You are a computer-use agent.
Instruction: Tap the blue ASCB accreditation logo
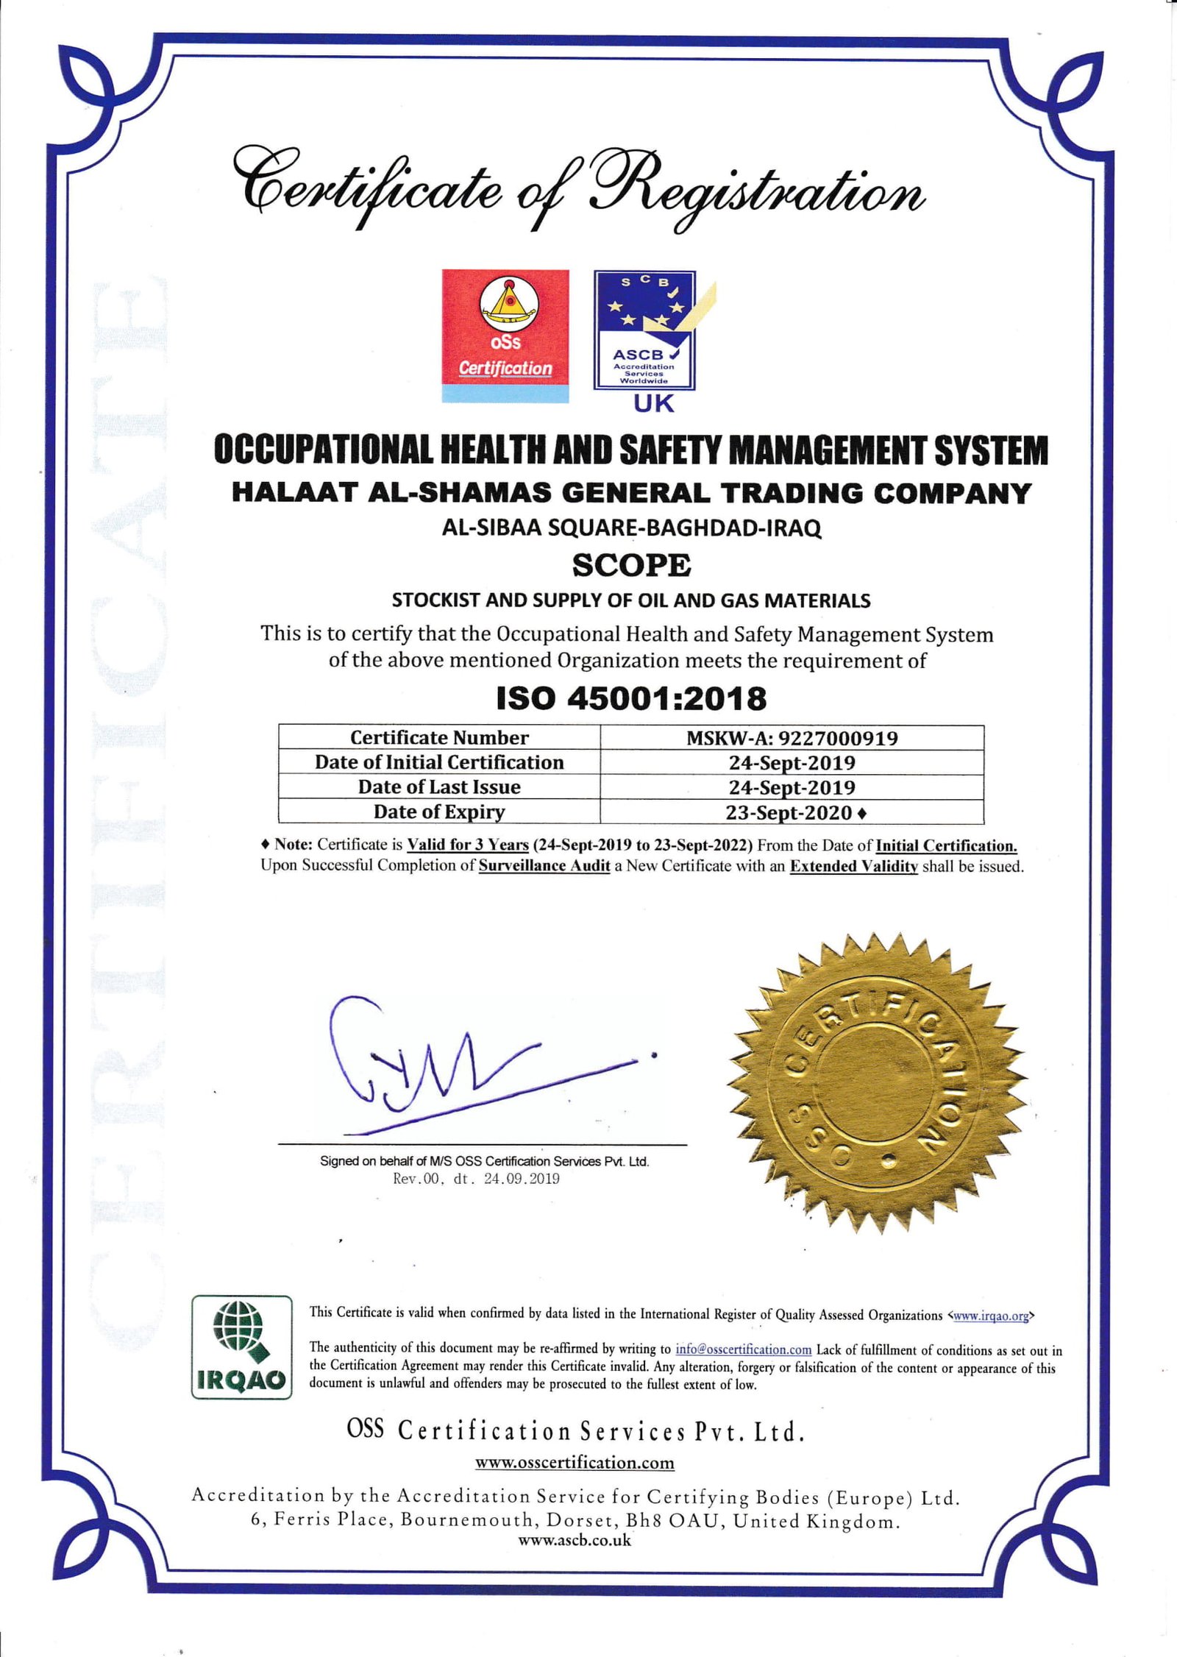pyautogui.click(x=644, y=330)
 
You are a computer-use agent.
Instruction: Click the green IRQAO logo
pyautogui.click(x=242, y=1347)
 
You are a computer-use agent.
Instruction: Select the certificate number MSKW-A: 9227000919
pyautogui.click(x=792, y=738)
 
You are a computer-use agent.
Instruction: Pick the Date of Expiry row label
pyautogui.click(x=438, y=812)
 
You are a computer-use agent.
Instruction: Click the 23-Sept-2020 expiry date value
pyautogui.click(x=789, y=812)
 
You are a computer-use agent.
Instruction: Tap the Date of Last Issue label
pyautogui.click(x=438, y=787)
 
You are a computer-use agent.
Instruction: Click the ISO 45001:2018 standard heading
pyautogui.click(x=631, y=698)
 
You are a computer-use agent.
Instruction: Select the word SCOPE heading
pyautogui.click(x=631, y=565)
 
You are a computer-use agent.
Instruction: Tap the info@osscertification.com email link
pyautogui.click(x=743, y=1349)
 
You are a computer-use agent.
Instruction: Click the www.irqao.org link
pyautogui.click(x=990, y=1316)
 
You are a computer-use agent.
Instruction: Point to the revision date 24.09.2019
pyautogui.click(x=521, y=1179)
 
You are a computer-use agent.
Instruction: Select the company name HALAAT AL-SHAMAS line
pyautogui.click(x=631, y=493)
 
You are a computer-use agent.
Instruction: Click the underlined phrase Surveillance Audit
pyautogui.click(x=544, y=866)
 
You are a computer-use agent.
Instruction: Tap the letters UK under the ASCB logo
pyautogui.click(x=653, y=403)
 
